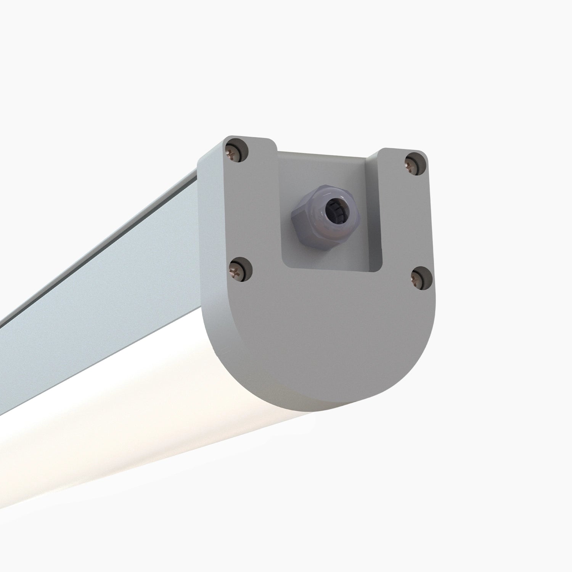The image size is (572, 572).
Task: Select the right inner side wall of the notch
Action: point(376,214)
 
